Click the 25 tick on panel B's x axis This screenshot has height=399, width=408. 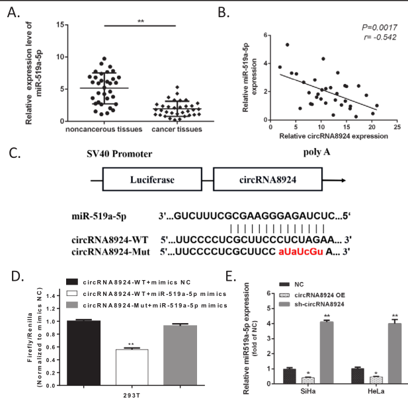397,126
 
